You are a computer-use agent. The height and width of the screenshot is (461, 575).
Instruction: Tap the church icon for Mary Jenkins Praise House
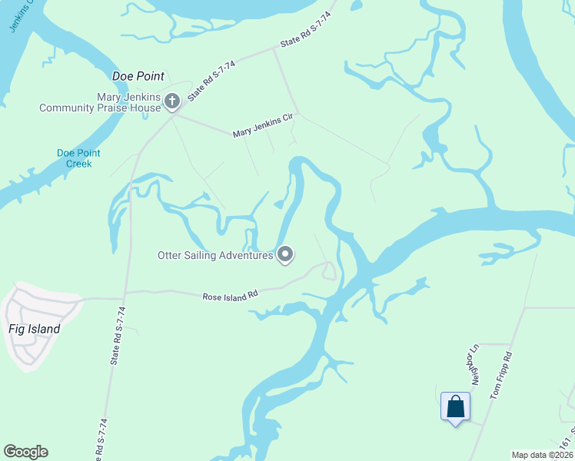click(171, 101)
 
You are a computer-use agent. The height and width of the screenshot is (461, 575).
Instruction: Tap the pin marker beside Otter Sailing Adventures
click(285, 254)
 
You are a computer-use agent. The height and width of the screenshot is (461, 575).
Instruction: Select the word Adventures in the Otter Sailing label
click(245, 255)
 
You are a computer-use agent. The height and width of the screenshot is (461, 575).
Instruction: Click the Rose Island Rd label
click(229, 295)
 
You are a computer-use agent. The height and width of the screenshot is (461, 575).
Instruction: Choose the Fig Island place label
click(33, 330)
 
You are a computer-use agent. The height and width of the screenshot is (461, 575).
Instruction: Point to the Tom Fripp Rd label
click(501, 376)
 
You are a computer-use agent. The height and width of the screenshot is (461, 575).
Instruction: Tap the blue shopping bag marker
click(455, 406)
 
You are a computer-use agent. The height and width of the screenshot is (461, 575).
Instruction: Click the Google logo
click(25, 452)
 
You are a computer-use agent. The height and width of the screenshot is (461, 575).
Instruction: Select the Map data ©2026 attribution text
click(542, 455)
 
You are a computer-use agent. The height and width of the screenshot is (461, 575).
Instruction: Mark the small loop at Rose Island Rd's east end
click(328, 270)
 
